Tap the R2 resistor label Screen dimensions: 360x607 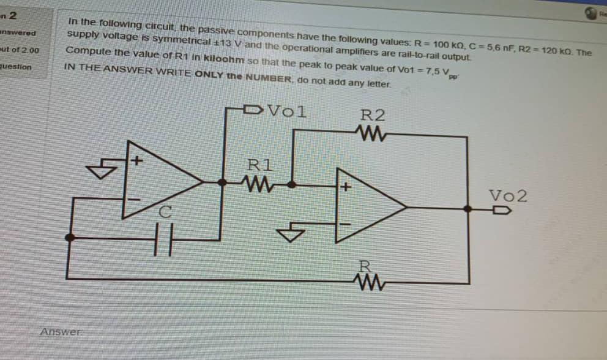373,115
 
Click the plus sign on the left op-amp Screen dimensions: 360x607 138,162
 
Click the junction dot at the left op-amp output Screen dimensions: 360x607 220,182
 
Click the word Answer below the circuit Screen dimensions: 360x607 61,332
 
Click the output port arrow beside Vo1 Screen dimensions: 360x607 253,111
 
